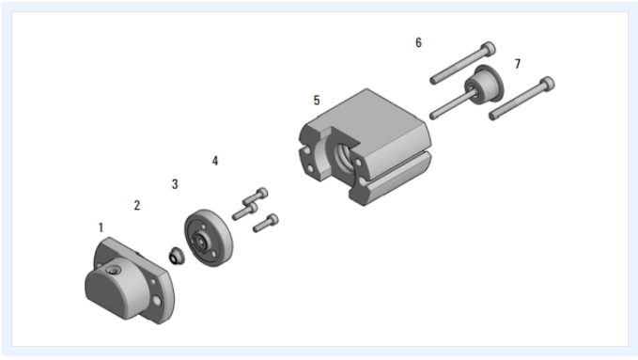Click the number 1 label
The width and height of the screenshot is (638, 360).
pyautogui.click(x=101, y=227)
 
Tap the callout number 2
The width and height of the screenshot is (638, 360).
pyautogui.click(x=137, y=205)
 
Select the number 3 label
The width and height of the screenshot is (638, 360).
pyautogui.click(x=175, y=184)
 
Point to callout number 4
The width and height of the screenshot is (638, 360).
pyautogui.click(x=215, y=161)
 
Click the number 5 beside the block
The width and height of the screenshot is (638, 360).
pyautogui.click(x=317, y=101)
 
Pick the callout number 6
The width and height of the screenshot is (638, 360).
pyautogui.click(x=418, y=42)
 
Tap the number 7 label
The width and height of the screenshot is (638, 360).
pyautogui.click(x=518, y=64)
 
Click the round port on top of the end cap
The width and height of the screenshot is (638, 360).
pyautogui.click(x=113, y=269)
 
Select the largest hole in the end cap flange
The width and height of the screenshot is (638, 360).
pyautogui.click(x=157, y=301)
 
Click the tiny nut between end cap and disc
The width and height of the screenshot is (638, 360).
pyautogui.click(x=177, y=256)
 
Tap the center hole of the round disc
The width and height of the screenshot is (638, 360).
pyautogui.click(x=201, y=242)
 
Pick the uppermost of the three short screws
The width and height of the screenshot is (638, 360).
pyautogui.click(x=256, y=196)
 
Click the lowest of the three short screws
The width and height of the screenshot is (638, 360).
pyautogui.click(x=266, y=223)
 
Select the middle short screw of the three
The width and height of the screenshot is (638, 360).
pyautogui.click(x=245, y=211)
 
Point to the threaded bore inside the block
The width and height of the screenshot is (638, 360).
pyautogui.click(x=343, y=154)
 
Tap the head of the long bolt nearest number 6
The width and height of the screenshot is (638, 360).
pyautogui.click(x=488, y=49)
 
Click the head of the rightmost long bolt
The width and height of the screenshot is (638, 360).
pyautogui.click(x=547, y=84)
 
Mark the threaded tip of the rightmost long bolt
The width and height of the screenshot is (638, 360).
pyautogui.click(x=493, y=117)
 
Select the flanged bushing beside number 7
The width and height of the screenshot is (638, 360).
pyautogui.click(x=485, y=86)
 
